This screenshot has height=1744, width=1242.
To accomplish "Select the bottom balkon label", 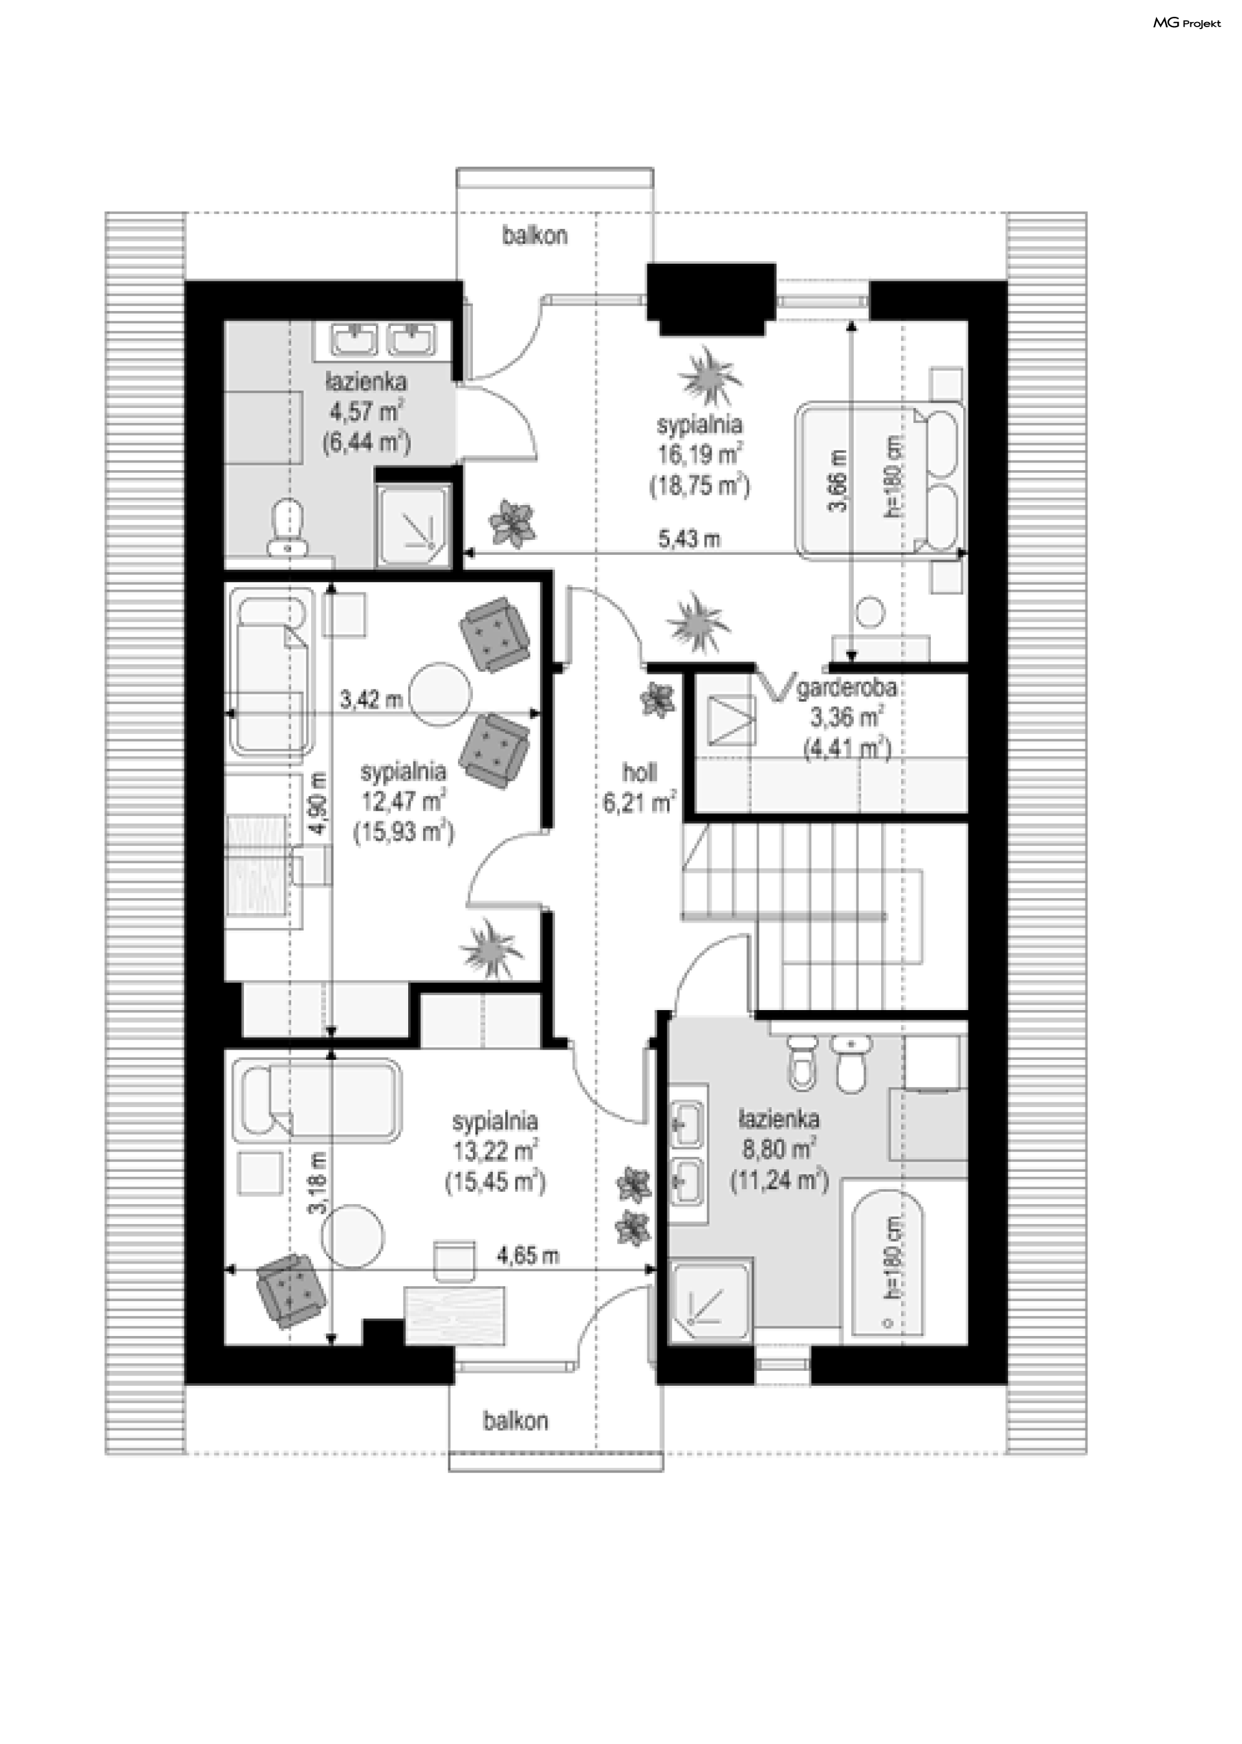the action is click(x=516, y=1421).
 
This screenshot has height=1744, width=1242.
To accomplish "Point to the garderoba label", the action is click(x=847, y=688).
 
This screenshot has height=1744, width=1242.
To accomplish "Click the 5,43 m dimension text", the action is click(x=690, y=539).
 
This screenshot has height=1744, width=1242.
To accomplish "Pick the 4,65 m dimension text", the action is click(x=528, y=1255).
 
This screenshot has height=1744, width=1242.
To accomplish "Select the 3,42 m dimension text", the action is click(x=371, y=699).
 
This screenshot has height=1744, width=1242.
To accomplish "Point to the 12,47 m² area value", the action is click(x=404, y=801).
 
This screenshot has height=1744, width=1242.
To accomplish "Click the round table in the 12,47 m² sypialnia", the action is click(x=440, y=695).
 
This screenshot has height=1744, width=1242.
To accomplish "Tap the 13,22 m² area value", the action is click(x=495, y=1152).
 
